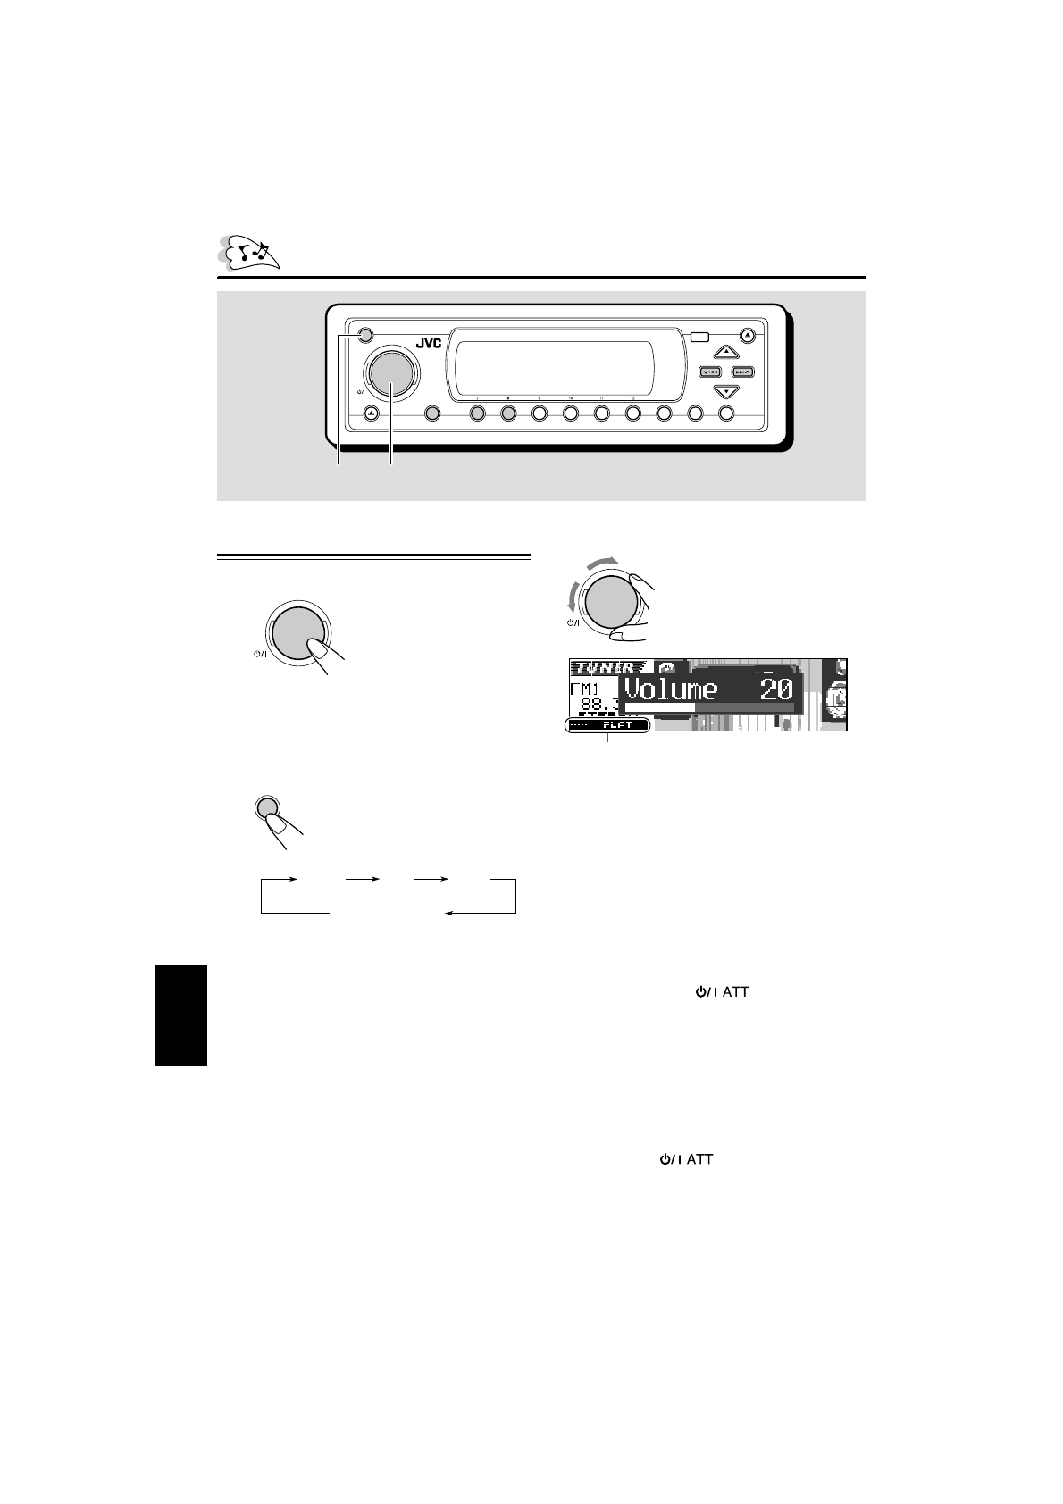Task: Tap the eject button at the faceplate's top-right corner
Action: click(749, 338)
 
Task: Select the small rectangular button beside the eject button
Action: click(699, 338)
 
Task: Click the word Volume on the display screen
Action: click(671, 689)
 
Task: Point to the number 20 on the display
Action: click(775, 689)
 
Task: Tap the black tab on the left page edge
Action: click(181, 1015)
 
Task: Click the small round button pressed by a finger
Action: click(264, 807)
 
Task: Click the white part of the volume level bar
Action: click(659, 707)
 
